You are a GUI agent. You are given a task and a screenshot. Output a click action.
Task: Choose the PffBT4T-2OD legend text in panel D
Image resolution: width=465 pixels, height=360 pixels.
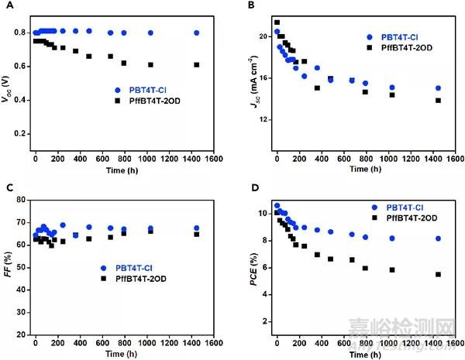pyautogui.click(x=405, y=219)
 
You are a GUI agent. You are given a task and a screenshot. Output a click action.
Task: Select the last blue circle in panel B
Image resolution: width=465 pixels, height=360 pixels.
pyautogui.click(x=438, y=88)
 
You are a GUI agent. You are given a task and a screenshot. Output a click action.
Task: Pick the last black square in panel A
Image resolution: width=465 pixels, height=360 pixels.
pyautogui.click(x=197, y=64)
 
